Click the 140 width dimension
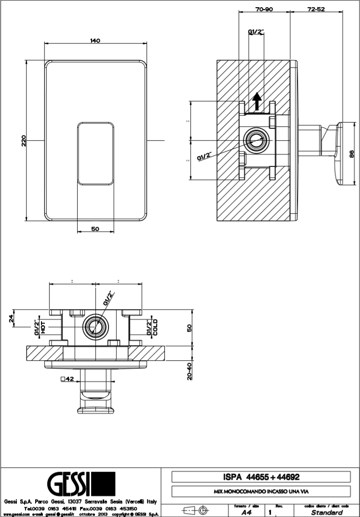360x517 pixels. click(x=94, y=41)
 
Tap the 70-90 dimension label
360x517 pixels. click(x=264, y=9)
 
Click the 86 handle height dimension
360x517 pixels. click(x=351, y=153)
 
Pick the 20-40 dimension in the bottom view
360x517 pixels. click(x=189, y=369)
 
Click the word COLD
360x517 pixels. click(x=155, y=327)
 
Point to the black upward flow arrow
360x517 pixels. click(x=258, y=101)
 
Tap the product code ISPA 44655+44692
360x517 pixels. click(x=260, y=477)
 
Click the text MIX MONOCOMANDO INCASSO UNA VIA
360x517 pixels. click(x=260, y=493)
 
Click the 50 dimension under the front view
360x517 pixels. click(x=95, y=229)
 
